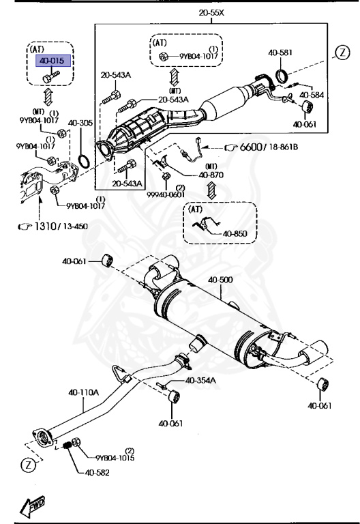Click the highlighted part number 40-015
pyautogui.click(x=51, y=61)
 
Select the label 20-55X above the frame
pyautogui.click(x=211, y=13)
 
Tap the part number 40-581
pyautogui.click(x=280, y=53)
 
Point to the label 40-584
pyautogui.click(x=312, y=96)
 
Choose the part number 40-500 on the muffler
pyautogui.click(x=220, y=280)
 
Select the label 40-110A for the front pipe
pyautogui.click(x=83, y=392)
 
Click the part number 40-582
pyautogui.click(x=97, y=473)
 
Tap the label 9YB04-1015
pyautogui.click(x=115, y=458)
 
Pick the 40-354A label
pyautogui.click(x=200, y=380)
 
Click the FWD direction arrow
pyautogui.click(x=32, y=506)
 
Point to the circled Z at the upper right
pyautogui.click(x=342, y=53)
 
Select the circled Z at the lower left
pyautogui.click(x=28, y=465)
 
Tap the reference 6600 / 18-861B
pyautogui.click(x=269, y=147)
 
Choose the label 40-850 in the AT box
pyautogui.click(x=235, y=233)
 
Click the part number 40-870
pyautogui.click(x=211, y=175)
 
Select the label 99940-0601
pyautogui.click(x=166, y=194)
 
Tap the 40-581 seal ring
pyautogui.click(x=282, y=76)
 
